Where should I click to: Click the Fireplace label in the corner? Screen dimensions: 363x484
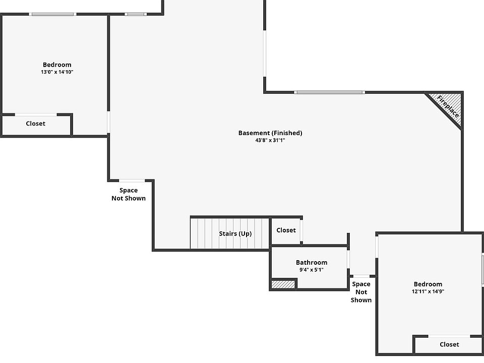448,106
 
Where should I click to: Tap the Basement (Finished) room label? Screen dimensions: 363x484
270,133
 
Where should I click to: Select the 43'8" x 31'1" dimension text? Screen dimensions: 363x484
270,141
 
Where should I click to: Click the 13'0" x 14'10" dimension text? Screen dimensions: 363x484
57,72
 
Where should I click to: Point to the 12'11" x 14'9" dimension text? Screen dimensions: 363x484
428,291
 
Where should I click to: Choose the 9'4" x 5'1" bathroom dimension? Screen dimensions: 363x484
311,270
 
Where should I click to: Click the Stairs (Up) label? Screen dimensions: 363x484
235,233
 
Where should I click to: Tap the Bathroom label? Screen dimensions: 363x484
311,262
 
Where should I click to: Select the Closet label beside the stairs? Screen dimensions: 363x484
286,230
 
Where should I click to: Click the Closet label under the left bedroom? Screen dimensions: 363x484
35,124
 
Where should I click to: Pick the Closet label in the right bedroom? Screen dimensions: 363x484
449,344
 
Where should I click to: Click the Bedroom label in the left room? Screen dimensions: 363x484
57,65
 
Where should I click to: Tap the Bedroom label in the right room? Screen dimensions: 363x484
428,284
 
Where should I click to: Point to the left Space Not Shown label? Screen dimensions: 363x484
129,194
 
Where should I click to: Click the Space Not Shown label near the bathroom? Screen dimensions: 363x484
361,292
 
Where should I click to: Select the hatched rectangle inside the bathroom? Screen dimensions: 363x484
283,284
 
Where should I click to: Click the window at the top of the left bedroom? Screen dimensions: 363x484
52,14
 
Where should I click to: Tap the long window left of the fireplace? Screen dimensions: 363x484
329,92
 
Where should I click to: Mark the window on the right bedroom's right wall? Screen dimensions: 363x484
482,270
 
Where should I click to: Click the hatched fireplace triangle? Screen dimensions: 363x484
451,102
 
